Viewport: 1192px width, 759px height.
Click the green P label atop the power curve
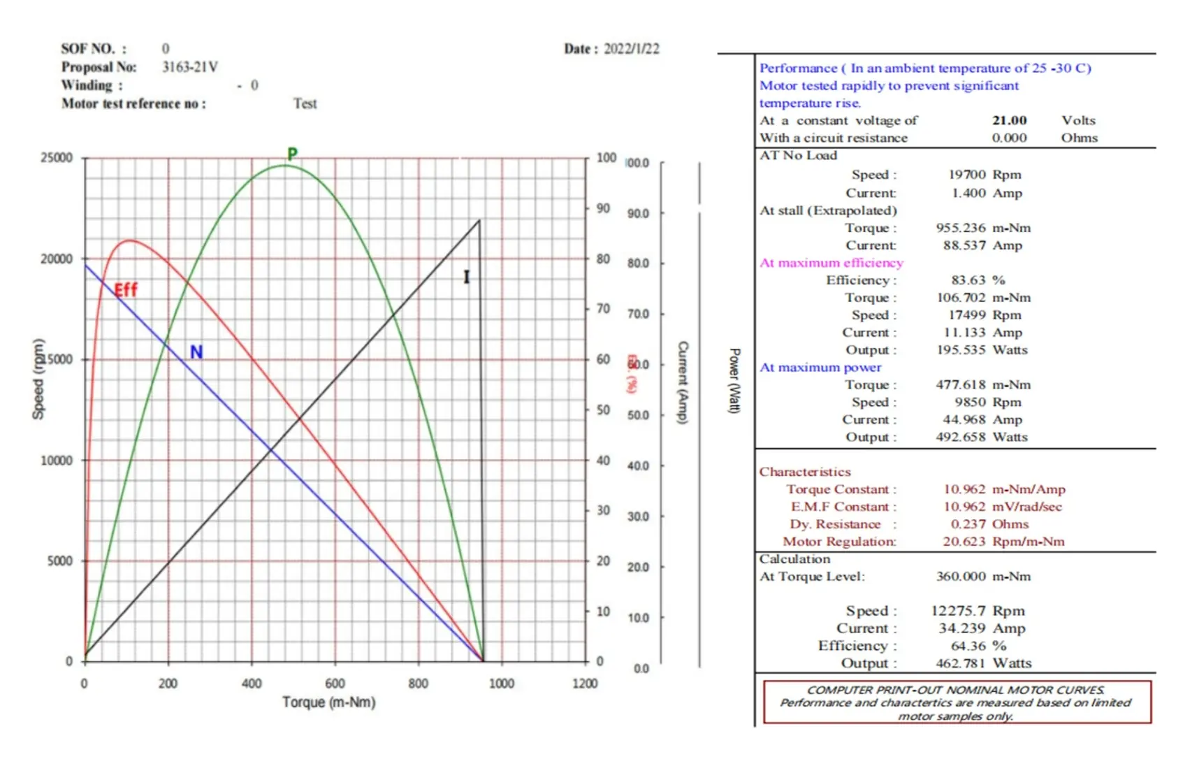pyautogui.click(x=292, y=154)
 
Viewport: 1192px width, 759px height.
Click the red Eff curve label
pyautogui.click(x=126, y=290)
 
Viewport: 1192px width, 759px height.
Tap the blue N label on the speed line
pyautogui.click(x=196, y=352)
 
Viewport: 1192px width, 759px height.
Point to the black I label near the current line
pyautogui.click(x=466, y=277)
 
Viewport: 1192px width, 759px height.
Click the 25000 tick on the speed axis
pyautogui.click(x=57, y=158)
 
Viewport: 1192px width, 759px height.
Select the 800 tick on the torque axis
pyautogui.click(x=418, y=684)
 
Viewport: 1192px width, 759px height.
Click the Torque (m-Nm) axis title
pyautogui.click(x=328, y=702)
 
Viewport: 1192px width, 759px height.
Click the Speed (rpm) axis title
pyautogui.click(x=38, y=379)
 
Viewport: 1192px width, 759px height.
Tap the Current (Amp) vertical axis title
pyautogui.click(x=683, y=382)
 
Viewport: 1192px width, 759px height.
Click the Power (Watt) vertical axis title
pyautogui.click(x=734, y=381)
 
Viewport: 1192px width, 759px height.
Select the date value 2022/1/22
pyautogui.click(x=631, y=49)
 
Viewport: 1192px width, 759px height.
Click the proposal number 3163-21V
pyautogui.click(x=190, y=67)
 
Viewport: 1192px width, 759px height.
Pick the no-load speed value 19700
pyautogui.click(x=967, y=175)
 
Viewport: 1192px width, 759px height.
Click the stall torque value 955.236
pyautogui.click(x=961, y=228)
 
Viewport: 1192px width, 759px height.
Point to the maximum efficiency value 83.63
pyautogui.click(x=968, y=280)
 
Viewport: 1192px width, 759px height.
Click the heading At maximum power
pyautogui.click(x=820, y=368)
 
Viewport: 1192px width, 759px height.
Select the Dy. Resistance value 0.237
pyautogui.click(x=968, y=524)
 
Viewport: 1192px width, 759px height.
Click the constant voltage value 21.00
pyautogui.click(x=1009, y=120)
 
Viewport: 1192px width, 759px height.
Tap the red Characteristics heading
pyautogui.click(x=805, y=472)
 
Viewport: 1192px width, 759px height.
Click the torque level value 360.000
pyautogui.click(x=961, y=577)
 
